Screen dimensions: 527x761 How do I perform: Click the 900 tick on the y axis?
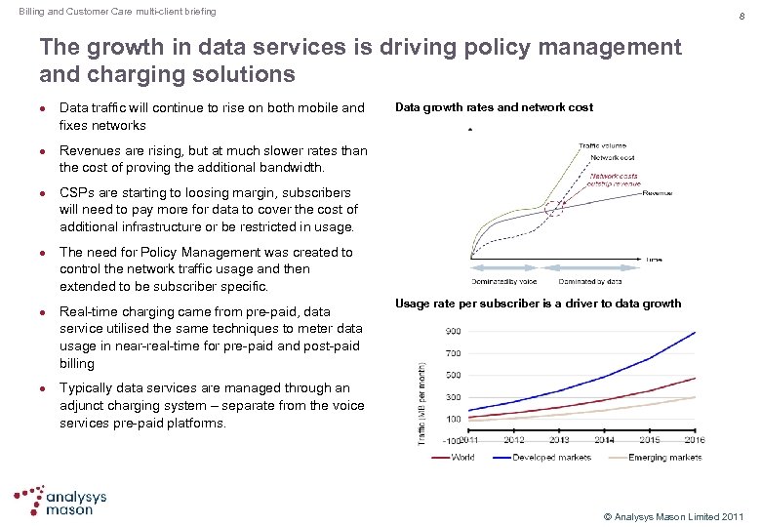(x=455, y=332)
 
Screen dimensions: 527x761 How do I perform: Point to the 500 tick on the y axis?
(x=455, y=376)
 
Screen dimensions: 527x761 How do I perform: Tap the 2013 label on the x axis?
(x=559, y=440)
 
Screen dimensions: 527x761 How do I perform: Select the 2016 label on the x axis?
(x=694, y=440)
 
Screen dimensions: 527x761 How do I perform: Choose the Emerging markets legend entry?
(x=666, y=457)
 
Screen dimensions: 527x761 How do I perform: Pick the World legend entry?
(x=461, y=457)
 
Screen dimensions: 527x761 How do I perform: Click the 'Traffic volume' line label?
(x=603, y=146)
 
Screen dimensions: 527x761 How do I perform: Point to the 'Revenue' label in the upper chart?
(x=658, y=193)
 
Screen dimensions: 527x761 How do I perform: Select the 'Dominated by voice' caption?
(x=504, y=282)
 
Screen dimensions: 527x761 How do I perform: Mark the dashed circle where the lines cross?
(x=554, y=207)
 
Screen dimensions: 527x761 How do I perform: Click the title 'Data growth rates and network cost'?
(x=494, y=107)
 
